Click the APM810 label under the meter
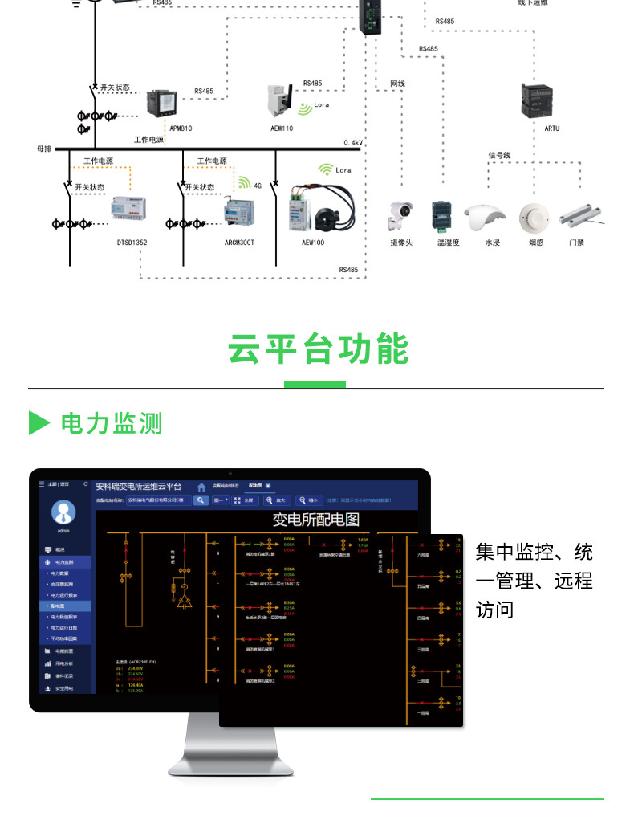click(x=181, y=128)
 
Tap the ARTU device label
click(x=552, y=128)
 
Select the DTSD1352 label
click(x=132, y=242)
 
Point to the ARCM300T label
click(x=239, y=242)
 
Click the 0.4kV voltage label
click(x=353, y=142)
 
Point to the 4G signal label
click(x=258, y=186)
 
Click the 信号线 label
click(x=499, y=155)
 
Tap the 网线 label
click(x=398, y=84)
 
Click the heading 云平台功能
click(x=318, y=349)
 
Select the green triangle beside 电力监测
click(x=39, y=422)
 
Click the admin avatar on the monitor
click(x=63, y=511)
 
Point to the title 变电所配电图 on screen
click(x=316, y=520)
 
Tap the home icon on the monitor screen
click(x=201, y=487)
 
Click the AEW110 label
click(x=282, y=128)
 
